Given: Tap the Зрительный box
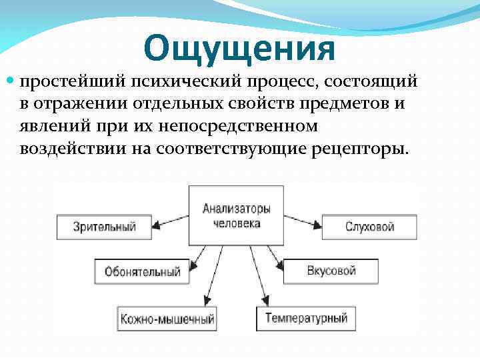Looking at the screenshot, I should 104,227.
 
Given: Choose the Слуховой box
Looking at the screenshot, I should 369,227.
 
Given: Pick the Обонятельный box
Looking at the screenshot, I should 143,271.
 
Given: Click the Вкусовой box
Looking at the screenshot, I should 331,271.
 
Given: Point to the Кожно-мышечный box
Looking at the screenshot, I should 167,319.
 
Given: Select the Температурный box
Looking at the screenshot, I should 306,318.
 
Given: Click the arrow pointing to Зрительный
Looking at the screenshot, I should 169,224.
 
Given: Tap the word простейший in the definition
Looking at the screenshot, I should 58,82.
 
